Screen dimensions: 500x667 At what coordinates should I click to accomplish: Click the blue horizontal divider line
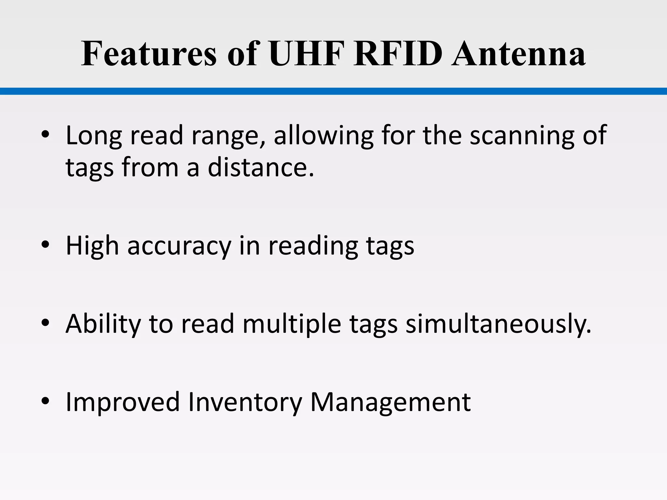coord(333,91)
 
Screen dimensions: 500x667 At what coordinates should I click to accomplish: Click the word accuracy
coord(179,246)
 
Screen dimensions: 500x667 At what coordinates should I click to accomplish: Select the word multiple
coord(292,324)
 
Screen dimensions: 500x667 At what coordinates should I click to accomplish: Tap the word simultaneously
coord(498,324)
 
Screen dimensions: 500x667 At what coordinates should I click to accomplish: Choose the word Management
coord(390,402)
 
